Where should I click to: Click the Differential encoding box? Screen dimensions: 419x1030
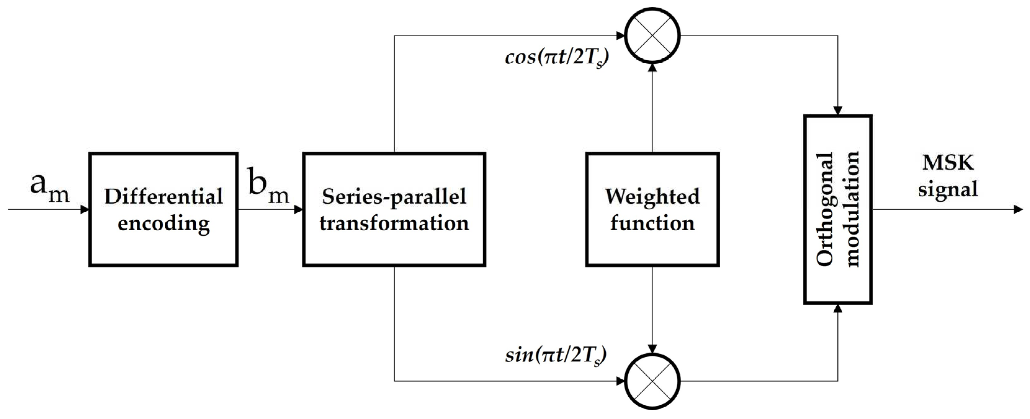click(x=163, y=209)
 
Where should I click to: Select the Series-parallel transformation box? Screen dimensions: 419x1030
click(x=394, y=209)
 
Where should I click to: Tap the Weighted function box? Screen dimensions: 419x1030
click(x=652, y=209)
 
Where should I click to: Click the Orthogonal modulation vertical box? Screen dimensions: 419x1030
click(x=838, y=209)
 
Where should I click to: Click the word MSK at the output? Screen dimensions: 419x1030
click(x=948, y=163)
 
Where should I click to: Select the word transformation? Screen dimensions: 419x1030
click(x=394, y=223)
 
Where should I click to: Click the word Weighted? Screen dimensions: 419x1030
click(x=652, y=196)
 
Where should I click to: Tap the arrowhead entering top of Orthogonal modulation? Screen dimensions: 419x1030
click(x=838, y=110)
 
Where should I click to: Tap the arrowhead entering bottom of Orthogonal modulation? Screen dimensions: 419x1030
click(x=838, y=308)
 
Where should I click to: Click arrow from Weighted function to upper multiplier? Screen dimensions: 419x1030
click(x=652, y=108)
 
